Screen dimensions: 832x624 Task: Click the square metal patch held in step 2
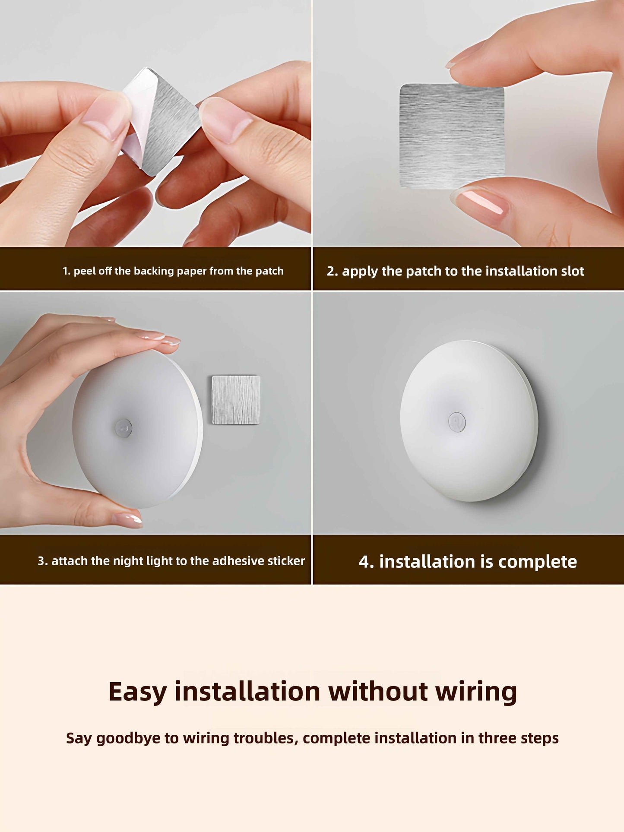click(452, 136)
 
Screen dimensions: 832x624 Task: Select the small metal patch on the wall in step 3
click(236, 400)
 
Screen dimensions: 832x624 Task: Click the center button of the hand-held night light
click(124, 427)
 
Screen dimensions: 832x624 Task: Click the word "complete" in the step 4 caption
click(537, 562)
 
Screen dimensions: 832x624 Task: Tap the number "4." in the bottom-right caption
click(366, 562)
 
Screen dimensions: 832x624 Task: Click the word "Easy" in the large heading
click(137, 692)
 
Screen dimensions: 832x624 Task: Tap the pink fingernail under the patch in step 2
click(483, 202)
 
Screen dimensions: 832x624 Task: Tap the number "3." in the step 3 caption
click(42, 561)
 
